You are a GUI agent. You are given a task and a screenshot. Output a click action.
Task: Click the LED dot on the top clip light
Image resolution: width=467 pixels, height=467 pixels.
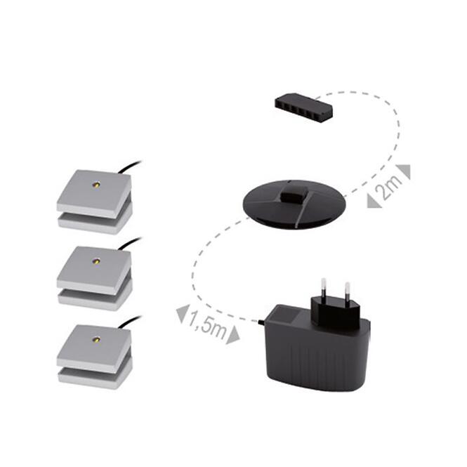[96, 185]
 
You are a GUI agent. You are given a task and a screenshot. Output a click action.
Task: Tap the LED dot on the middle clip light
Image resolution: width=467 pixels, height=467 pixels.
[96, 261]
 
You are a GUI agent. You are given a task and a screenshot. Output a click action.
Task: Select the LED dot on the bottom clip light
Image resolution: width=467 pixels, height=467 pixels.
[96, 339]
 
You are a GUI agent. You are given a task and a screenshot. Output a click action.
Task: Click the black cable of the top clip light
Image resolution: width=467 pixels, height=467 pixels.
[130, 166]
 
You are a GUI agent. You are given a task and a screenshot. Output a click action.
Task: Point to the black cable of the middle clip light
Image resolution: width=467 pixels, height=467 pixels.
[130, 243]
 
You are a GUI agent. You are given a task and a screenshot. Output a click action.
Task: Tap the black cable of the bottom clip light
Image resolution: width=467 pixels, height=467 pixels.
[130, 322]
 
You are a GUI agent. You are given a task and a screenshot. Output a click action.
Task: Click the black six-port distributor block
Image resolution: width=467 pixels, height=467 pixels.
[303, 106]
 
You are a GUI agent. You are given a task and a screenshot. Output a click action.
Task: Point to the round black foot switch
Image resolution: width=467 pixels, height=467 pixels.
[294, 204]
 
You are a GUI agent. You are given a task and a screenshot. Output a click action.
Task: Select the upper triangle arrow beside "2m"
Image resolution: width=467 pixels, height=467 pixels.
[404, 171]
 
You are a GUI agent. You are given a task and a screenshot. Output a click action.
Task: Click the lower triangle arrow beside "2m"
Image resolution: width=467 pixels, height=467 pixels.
[374, 200]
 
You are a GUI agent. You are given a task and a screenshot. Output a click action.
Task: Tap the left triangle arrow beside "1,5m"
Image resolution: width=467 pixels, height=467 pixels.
[183, 313]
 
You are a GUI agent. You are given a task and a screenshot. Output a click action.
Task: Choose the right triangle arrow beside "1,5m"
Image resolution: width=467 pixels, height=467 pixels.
[232, 335]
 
